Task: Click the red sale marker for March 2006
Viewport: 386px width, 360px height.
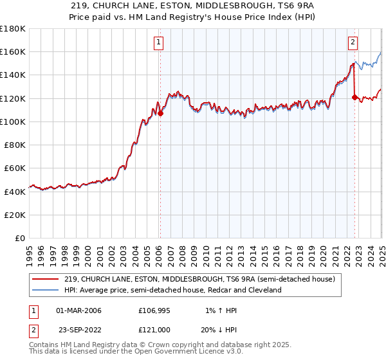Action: (161, 114)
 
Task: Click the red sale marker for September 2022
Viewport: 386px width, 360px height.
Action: (354, 97)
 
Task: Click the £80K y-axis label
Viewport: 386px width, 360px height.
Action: (15, 145)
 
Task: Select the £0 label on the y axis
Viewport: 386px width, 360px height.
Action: (20, 238)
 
